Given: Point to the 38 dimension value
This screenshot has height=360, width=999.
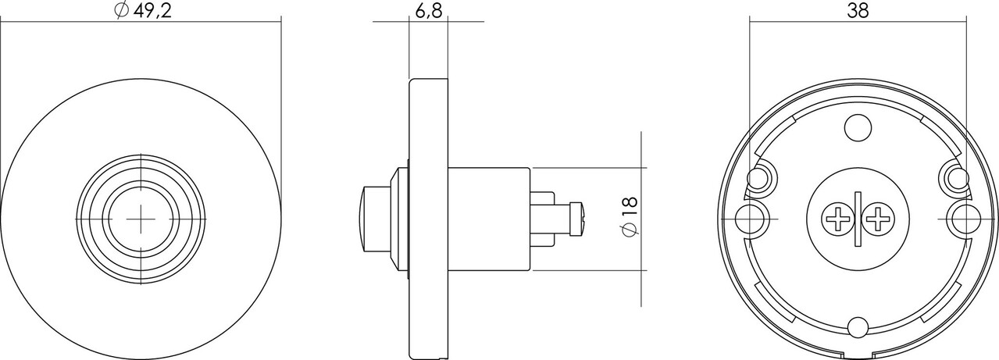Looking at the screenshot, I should (x=858, y=10).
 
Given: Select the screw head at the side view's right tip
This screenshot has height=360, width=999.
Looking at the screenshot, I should (x=577, y=218).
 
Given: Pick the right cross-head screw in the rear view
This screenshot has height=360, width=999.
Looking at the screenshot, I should (x=876, y=219).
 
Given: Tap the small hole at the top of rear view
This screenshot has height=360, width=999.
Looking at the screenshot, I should (x=858, y=127).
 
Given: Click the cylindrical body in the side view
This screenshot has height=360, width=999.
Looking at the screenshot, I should (x=488, y=218).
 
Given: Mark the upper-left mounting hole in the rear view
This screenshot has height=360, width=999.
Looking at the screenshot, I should (x=759, y=176).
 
